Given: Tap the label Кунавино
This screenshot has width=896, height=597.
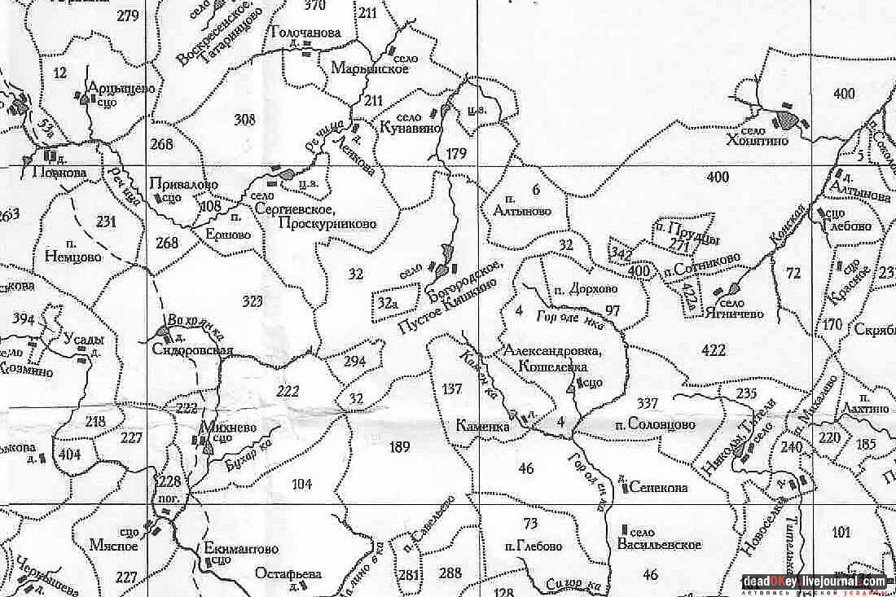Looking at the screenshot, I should [411, 128].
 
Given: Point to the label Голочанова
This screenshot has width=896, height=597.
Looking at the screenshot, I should [303, 33].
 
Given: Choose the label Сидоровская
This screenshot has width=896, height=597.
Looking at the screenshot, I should [192, 352].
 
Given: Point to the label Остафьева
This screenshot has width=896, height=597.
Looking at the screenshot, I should [288, 573].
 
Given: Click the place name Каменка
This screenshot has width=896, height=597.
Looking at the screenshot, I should [482, 426].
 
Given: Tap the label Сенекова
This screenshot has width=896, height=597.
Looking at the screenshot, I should [658, 488].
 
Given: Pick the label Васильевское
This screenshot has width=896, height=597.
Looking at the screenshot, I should [660, 543].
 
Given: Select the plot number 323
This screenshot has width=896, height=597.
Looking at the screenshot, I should [253, 301].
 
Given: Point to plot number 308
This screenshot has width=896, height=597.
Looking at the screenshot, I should [244, 120].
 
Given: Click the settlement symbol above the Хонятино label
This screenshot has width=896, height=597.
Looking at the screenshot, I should [787, 120].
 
